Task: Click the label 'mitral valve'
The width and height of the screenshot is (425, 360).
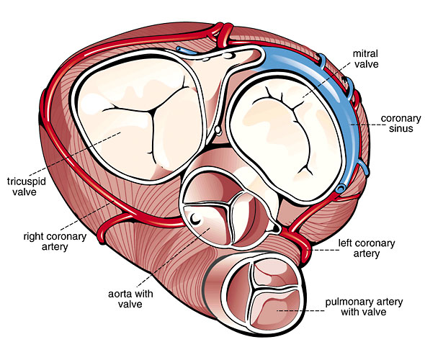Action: [365, 59]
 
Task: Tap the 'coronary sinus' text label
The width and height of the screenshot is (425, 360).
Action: [401, 123]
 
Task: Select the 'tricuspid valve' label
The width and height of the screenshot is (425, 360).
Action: [26, 186]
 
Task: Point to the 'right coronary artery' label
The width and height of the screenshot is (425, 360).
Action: [55, 242]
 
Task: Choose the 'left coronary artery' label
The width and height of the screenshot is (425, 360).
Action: [367, 248]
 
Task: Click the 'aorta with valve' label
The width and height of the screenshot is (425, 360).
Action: [130, 299]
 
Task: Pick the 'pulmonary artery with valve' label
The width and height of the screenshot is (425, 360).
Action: [364, 307]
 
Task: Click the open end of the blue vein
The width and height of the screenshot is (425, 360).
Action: [340, 188]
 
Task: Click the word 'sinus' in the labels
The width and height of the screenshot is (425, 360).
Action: [401, 128]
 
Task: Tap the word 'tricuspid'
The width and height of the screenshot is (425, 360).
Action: [26, 181]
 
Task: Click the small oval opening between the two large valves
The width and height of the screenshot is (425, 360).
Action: [218, 130]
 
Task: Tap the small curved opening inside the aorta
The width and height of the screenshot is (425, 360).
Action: [195, 218]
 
